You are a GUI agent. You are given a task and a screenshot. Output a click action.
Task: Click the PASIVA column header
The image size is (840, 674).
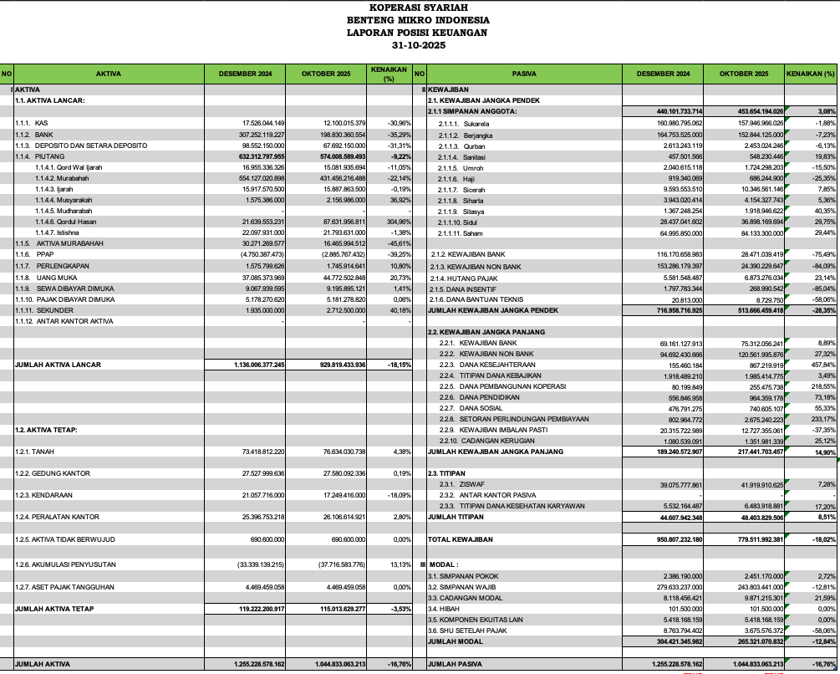pos(524,74)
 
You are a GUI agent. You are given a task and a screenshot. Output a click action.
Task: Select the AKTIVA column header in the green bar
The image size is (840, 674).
pos(109,74)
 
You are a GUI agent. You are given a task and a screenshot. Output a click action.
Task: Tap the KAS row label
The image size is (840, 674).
pos(41,123)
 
